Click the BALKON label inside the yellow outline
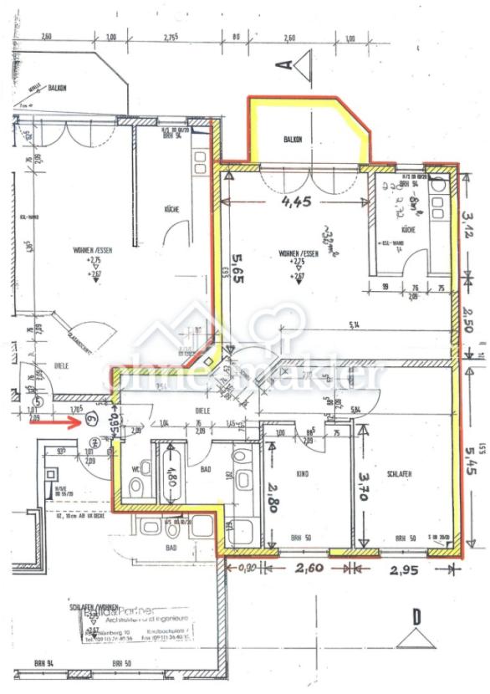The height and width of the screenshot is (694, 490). pos(292,140)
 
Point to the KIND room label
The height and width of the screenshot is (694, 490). pos(302,472)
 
